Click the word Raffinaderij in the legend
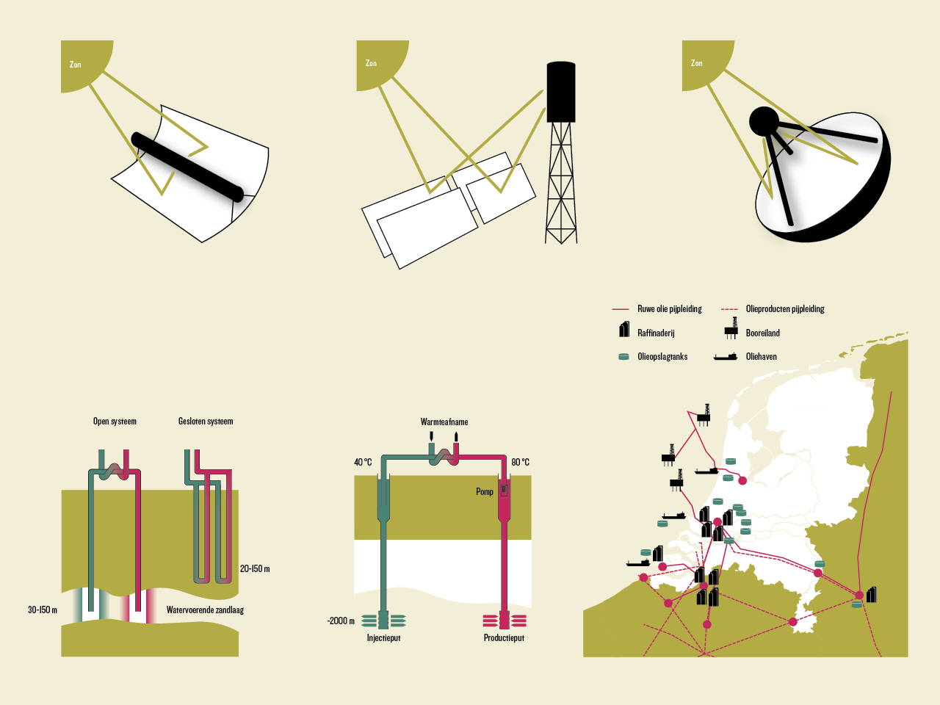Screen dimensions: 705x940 [656, 333]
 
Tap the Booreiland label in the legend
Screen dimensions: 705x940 [762, 333]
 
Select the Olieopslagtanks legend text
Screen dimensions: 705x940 [662, 356]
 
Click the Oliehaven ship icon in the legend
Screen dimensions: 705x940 [726, 357]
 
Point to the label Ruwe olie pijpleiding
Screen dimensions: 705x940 [669, 309]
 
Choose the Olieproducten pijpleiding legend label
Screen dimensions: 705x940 [785, 309]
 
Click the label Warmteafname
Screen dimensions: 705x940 [444, 422]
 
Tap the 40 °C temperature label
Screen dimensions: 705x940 [363, 462]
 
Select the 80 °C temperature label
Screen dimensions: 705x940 [520, 462]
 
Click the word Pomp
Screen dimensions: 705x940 [484, 491]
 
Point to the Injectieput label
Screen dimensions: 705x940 [383, 638]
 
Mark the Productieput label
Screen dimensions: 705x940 [504, 638]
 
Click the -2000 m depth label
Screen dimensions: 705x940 [341, 621]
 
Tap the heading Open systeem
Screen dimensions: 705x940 [115, 422]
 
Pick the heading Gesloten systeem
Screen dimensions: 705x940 [206, 422]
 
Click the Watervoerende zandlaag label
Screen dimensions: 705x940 [205, 610]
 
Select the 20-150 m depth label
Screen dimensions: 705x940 [255, 568]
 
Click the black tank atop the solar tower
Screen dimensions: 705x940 [561, 92]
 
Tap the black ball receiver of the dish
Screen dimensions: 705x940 [764, 122]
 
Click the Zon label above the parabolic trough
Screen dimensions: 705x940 [76, 65]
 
